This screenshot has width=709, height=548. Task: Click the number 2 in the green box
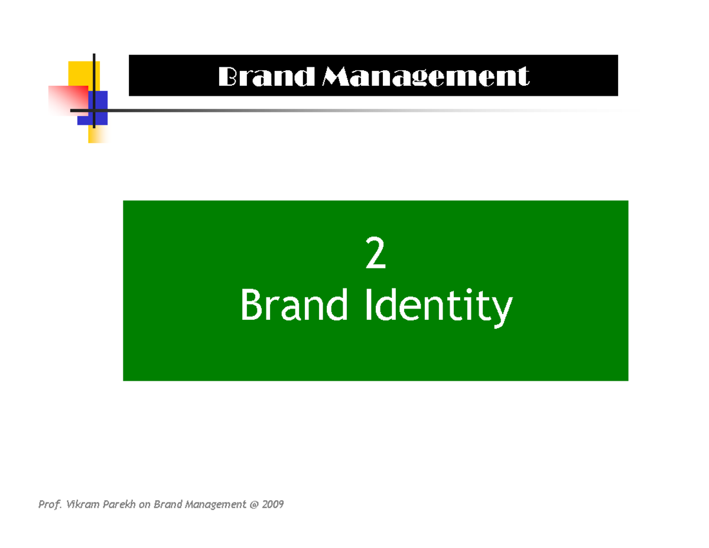tap(376, 258)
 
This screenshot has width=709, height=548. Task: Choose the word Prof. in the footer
tap(49, 504)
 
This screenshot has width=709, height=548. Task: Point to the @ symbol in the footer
tap(253, 505)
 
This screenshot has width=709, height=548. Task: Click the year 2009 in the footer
tap(273, 504)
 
